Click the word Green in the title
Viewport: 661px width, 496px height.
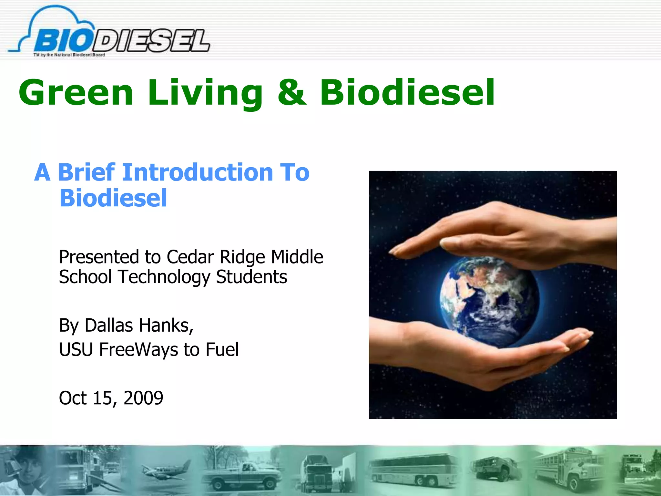coord(76,93)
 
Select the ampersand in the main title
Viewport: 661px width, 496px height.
coord(292,93)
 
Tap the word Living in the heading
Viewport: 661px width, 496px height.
coord(205,93)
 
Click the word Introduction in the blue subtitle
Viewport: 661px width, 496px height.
coord(198,172)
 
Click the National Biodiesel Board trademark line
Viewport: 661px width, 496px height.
coord(69,55)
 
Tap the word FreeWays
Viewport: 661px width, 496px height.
coord(138,349)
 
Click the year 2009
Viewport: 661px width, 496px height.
coord(143,398)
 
